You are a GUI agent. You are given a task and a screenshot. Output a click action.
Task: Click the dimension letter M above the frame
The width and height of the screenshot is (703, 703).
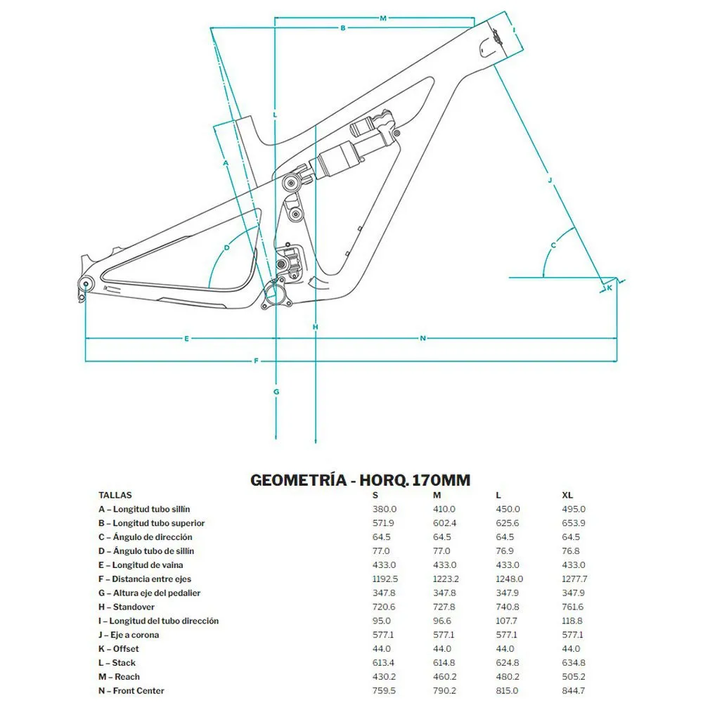click(383, 18)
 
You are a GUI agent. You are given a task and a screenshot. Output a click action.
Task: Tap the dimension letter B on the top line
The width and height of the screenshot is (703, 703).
click(343, 28)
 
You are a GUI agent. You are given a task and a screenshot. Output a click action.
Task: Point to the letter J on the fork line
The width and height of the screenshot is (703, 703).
click(550, 180)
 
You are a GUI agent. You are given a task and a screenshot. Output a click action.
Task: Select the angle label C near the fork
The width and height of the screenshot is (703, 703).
click(553, 245)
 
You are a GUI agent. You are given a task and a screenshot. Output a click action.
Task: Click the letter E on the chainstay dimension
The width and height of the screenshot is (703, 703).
click(186, 339)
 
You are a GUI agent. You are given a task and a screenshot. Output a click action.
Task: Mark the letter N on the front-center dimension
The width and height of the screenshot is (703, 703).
click(423, 339)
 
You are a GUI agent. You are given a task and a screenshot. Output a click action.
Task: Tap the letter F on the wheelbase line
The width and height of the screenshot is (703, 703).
click(256, 361)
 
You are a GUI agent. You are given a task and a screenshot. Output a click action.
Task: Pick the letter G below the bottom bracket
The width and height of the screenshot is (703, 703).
click(276, 392)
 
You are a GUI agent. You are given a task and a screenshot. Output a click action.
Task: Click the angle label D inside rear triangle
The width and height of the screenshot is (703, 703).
click(227, 247)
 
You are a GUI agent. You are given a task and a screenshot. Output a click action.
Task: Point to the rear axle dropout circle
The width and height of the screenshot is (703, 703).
click(86, 283)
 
